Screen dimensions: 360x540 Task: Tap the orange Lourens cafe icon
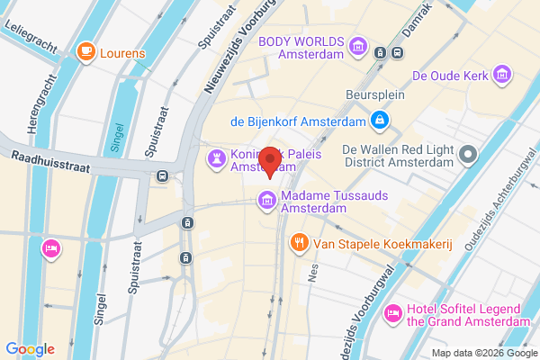[x=87, y=52]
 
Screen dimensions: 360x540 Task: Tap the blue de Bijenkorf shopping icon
[x=381, y=120]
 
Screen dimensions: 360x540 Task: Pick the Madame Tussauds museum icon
[x=267, y=200]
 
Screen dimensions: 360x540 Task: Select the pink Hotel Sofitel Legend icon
[x=392, y=313]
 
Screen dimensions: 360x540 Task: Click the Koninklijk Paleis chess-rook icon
[x=216, y=159]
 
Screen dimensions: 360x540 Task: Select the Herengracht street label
[x=38, y=104]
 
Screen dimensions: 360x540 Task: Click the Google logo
[x=30, y=349]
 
